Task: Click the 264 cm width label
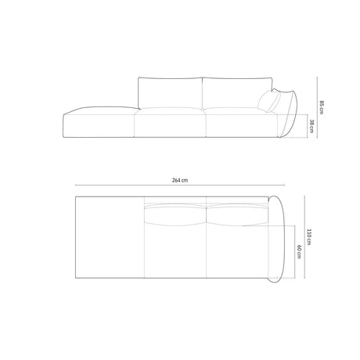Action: coord(179,180)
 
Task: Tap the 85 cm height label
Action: coord(321,106)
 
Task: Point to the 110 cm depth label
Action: coord(311,234)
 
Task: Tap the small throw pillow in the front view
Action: coord(267,103)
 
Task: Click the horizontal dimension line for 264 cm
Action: coord(179,188)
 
